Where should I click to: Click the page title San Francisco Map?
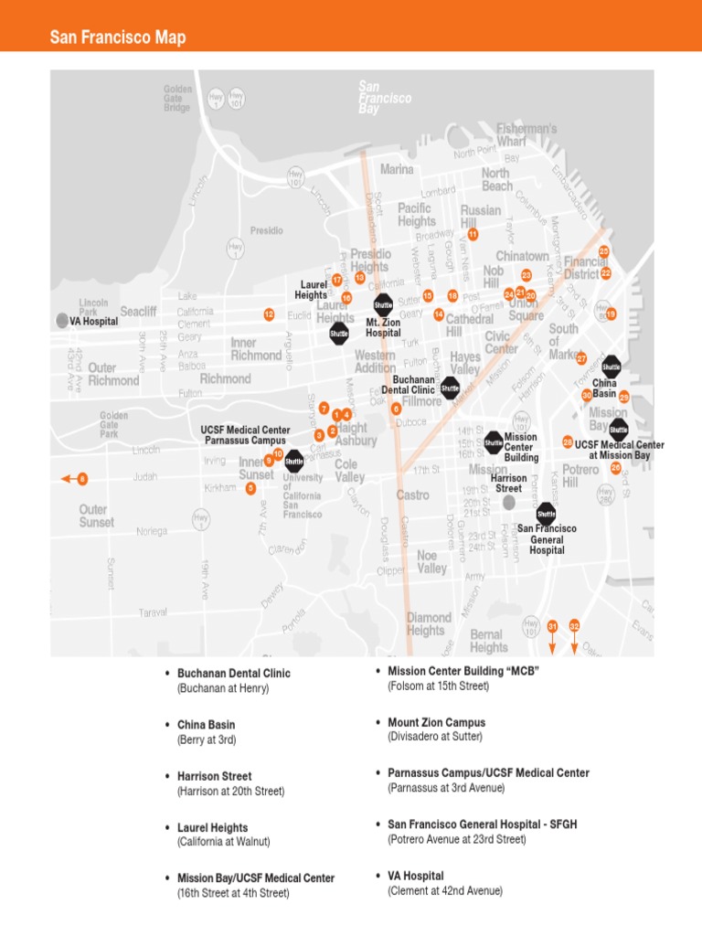pyautogui.click(x=118, y=37)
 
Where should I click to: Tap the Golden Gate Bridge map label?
pyautogui.click(x=177, y=99)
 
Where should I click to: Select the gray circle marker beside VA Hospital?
pyautogui.click(x=61, y=321)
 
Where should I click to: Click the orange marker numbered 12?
pyautogui.click(x=269, y=314)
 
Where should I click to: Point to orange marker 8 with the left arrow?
pyautogui.click(x=82, y=479)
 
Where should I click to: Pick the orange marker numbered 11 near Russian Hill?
pyautogui.click(x=473, y=234)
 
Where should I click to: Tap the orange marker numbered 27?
pyautogui.click(x=581, y=359)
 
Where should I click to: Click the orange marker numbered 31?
pyautogui.click(x=552, y=626)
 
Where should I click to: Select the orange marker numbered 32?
pyautogui.click(x=574, y=626)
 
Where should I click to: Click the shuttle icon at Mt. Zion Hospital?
pyautogui.click(x=383, y=304)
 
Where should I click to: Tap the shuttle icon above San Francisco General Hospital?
pyautogui.click(x=546, y=513)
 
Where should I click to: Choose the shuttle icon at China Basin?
pyautogui.click(x=611, y=366)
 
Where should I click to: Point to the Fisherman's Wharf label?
pyautogui.click(x=526, y=134)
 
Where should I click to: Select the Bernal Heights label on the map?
pyautogui.click(x=488, y=641)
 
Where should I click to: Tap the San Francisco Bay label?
pyautogui.click(x=381, y=98)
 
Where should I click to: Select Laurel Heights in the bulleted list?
pyautogui.click(x=212, y=828)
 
